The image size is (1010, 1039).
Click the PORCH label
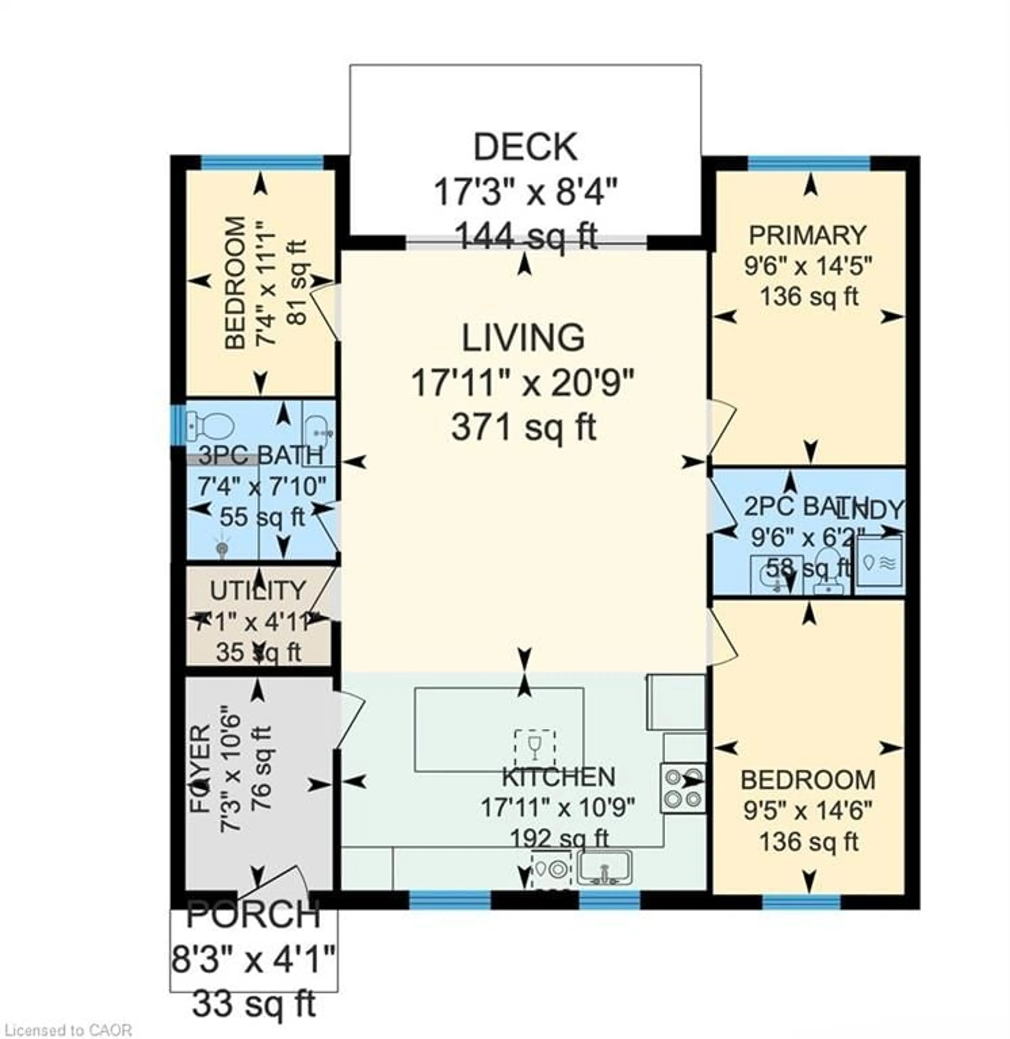pyautogui.click(x=254, y=914)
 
